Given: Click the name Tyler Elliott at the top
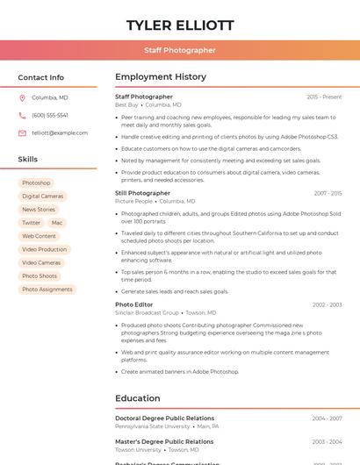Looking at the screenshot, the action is point(180,25).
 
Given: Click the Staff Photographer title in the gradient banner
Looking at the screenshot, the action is point(180,50).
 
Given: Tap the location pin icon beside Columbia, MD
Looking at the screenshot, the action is point(22,98).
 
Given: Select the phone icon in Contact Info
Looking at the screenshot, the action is point(22,116).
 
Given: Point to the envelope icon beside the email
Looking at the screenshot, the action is point(22,133).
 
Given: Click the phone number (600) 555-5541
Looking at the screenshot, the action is point(50,116).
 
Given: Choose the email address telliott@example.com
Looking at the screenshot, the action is point(60,133).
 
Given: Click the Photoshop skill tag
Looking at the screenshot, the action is point(36,183).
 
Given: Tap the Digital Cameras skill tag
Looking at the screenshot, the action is point(43,197).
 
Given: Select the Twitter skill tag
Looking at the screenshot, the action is point(31,223).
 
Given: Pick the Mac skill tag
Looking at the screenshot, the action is point(57,223).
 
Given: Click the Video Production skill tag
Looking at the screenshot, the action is point(45,249).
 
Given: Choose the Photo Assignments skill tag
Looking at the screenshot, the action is point(47,290).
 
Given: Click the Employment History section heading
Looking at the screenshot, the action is point(161,77).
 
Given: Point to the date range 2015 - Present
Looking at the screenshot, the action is point(324,97).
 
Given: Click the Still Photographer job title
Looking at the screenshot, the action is point(142,193).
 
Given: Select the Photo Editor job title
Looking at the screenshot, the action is point(134,305).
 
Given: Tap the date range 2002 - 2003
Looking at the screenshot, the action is point(327,305).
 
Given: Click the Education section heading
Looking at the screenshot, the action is point(138,398).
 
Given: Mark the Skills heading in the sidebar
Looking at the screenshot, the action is point(28,160).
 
